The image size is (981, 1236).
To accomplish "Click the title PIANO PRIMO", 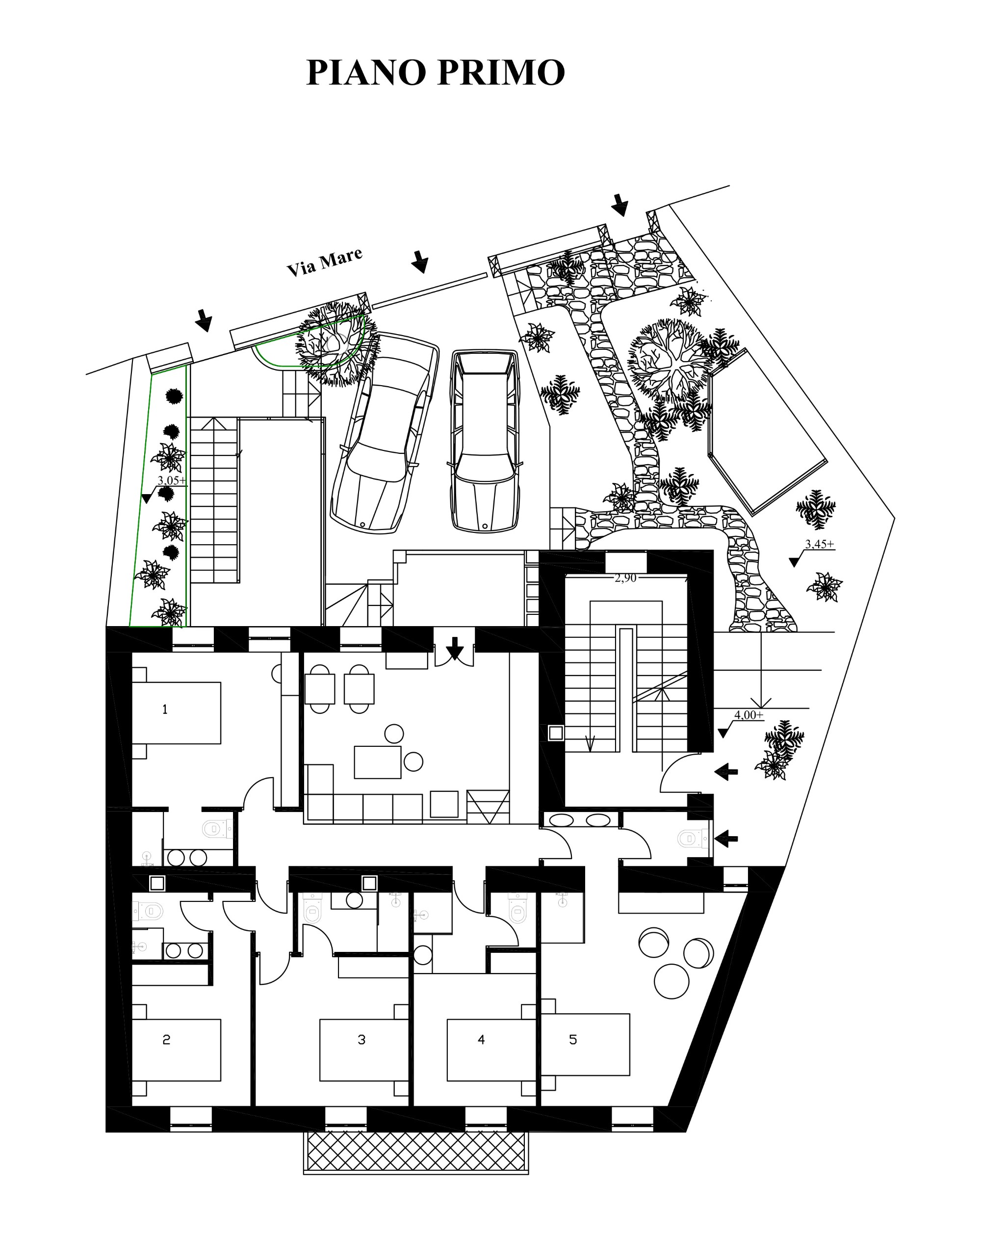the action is click(436, 72).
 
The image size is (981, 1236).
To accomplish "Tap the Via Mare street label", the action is click(324, 262).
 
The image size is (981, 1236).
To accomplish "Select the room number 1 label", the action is click(165, 709).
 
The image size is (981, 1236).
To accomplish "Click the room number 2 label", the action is click(166, 1039).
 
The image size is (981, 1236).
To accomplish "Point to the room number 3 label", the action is click(361, 1039).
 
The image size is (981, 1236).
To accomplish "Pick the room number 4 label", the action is click(481, 1039).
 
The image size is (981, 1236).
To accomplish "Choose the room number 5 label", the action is click(573, 1039).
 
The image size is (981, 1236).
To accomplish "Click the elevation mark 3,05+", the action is click(172, 480).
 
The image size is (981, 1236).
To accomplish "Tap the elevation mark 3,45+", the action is click(820, 544).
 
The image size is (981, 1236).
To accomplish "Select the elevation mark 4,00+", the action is click(749, 715).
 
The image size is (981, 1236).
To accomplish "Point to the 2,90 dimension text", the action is click(625, 578).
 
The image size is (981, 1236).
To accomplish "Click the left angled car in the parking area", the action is click(385, 433).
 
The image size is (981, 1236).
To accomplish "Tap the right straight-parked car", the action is click(485, 442).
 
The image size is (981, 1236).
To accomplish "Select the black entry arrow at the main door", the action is click(454, 648).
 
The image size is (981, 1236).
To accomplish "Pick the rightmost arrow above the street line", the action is click(620, 205).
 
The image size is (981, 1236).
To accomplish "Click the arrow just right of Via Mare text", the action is click(419, 262).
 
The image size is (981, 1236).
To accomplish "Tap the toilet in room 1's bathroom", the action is click(218, 828).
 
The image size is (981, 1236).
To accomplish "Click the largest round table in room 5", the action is click(671, 981).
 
